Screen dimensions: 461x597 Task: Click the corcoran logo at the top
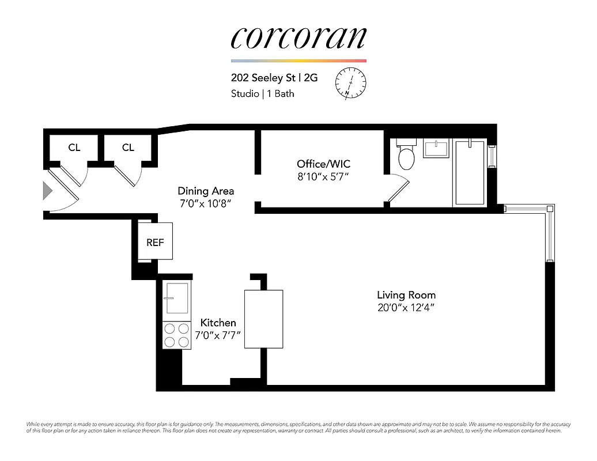click(x=298, y=38)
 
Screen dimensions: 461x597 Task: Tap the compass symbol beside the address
click(x=350, y=84)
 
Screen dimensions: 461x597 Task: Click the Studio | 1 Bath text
click(x=262, y=93)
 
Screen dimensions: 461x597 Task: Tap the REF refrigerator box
click(x=155, y=242)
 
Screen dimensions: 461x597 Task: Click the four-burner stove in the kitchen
click(x=176, y=335)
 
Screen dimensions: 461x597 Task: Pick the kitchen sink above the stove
click(x=176, y=297)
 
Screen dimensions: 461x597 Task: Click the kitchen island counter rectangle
click(x=264, y=319)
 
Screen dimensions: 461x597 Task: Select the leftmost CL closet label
click(x=74, y=148)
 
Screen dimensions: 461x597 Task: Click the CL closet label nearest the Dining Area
click(x=128, y=148)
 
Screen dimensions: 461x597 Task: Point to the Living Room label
click(x=406, y=295)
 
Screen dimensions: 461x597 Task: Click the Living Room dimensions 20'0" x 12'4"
click(x=406, y=308)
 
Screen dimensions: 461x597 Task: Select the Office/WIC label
click(x=323, y=164)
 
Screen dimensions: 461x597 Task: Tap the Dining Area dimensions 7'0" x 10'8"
click(x=206, y=203)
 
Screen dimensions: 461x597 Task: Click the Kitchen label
click(x=218, y=323)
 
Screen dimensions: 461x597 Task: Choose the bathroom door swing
click(x=399, y=190)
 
